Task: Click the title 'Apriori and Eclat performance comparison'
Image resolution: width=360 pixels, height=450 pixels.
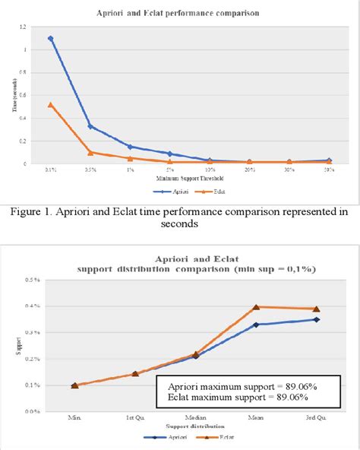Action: (x=179, y=14)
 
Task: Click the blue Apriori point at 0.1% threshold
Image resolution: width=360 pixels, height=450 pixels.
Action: (x=50, y=38)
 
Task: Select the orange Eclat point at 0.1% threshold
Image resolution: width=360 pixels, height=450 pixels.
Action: (x=50, y=104)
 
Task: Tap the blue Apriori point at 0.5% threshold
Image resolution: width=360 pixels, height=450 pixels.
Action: (x=90, y=126)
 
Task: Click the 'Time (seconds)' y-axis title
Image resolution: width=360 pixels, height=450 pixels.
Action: (x=14, y=95)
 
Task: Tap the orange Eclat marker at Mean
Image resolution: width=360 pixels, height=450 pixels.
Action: (x=256, y=307)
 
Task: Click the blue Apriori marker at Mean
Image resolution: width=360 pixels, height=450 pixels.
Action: (x=256, y=325)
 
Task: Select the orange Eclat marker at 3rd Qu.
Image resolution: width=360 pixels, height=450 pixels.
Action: (x=316, y=309)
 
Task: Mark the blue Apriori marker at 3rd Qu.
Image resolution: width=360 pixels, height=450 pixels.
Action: (x=316, y=319)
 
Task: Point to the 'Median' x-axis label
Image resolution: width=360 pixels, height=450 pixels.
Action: (x=195, y=418)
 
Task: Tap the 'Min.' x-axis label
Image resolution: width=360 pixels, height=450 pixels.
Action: (x=74, y=418)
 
